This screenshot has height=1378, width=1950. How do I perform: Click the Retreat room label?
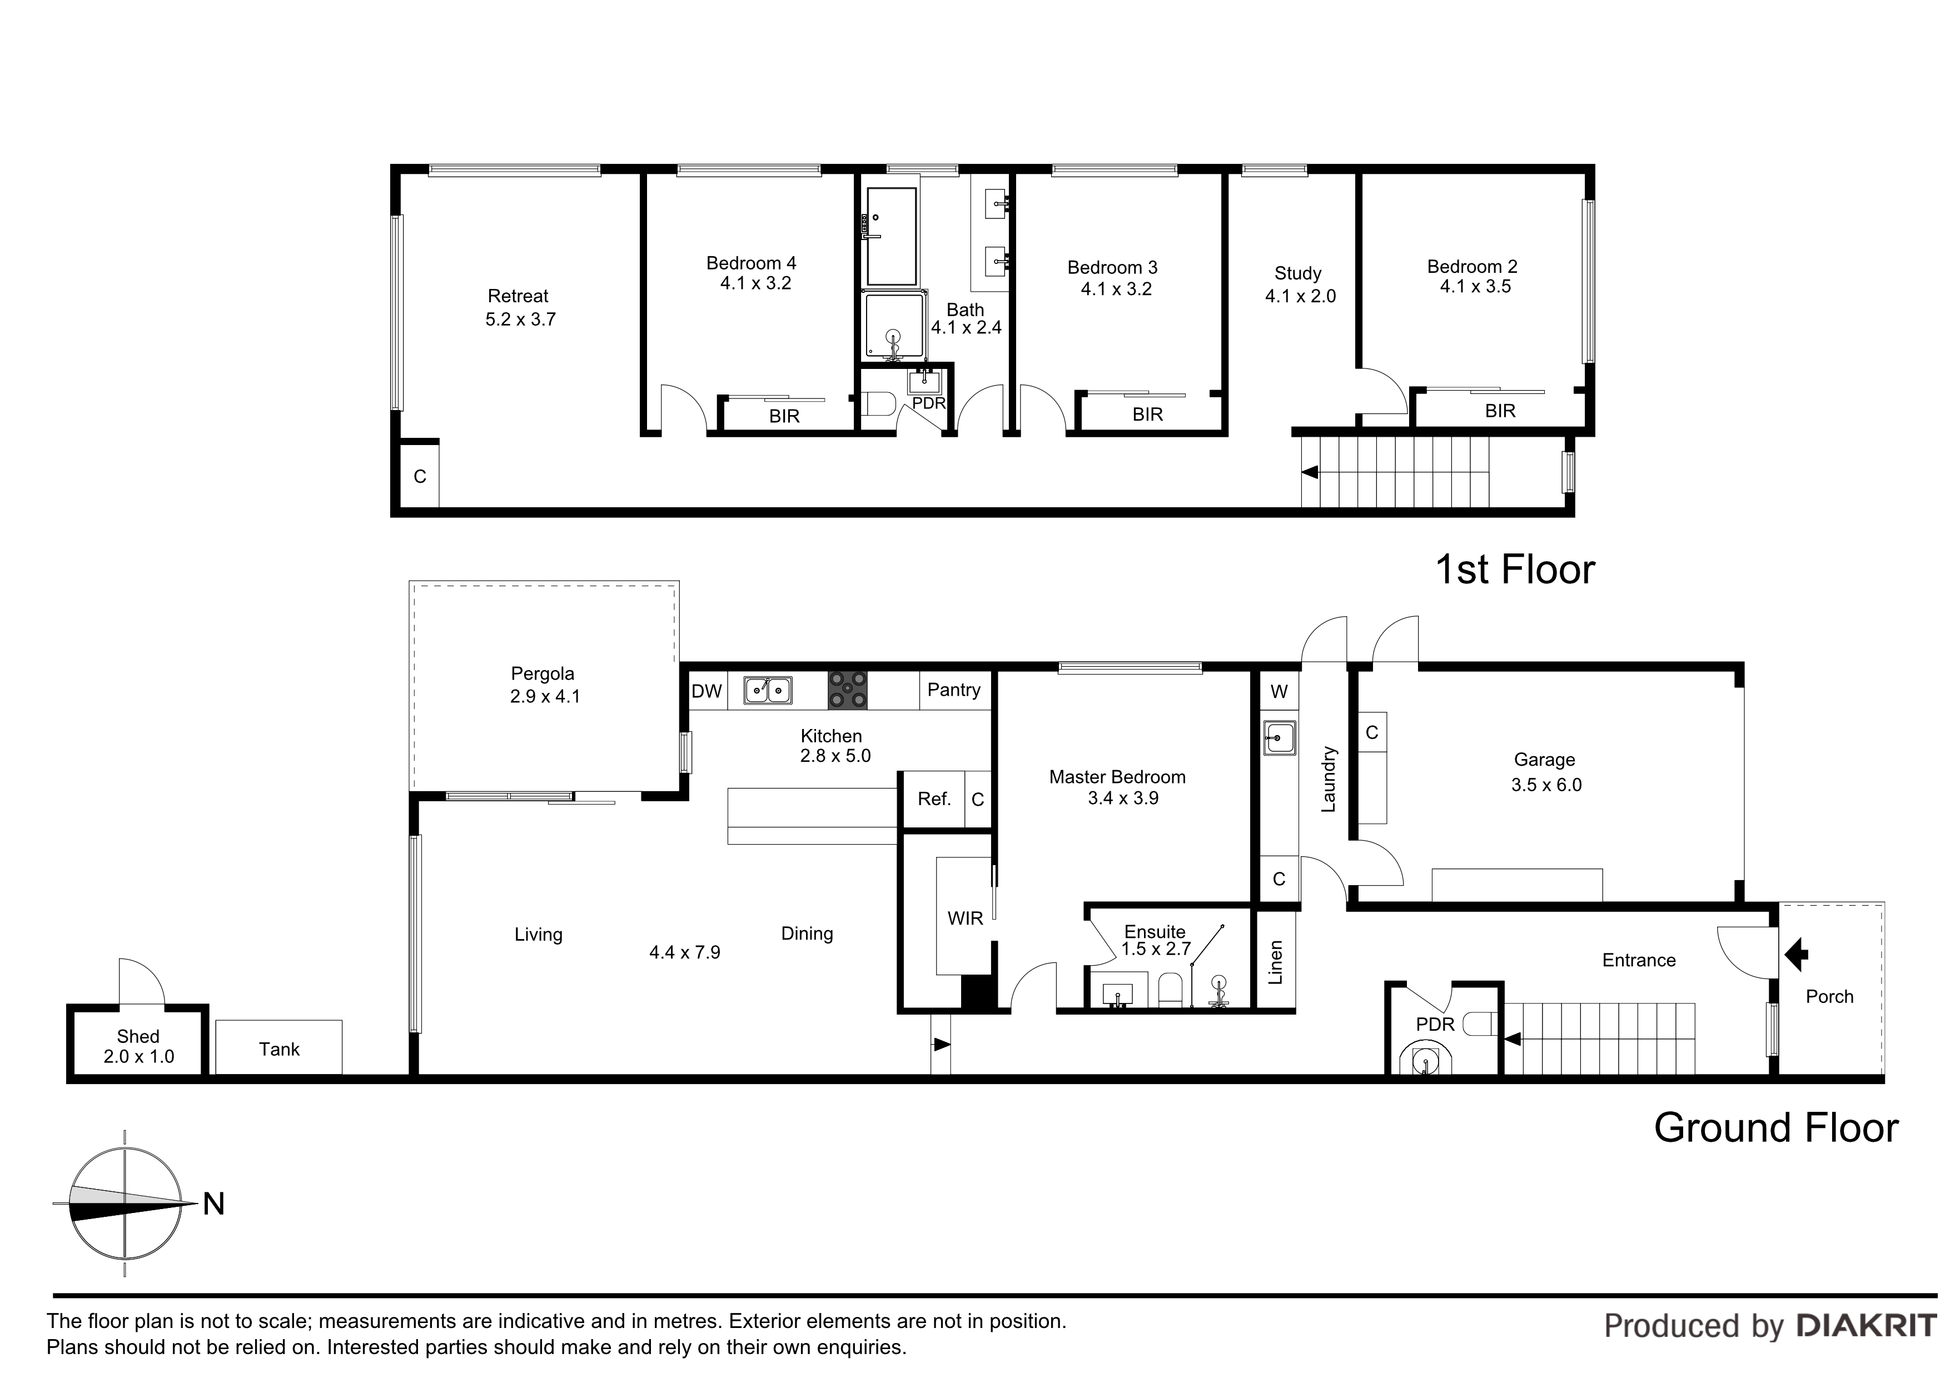click(x=518, y=296)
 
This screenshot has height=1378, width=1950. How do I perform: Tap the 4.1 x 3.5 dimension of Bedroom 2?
click(x=1475, y=287)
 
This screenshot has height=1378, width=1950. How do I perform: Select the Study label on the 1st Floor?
click(x=1298, y=273)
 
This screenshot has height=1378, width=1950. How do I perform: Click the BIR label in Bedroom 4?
click(x=784, y=416)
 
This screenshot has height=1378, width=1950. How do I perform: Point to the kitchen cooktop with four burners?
click(x=848, y=690)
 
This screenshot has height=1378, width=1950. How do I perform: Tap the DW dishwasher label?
click(x=706, y=691)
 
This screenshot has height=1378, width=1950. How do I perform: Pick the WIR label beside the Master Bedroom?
click(x=965, y=918)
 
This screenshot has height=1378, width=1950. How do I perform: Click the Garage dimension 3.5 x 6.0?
click(x=1546, y=785)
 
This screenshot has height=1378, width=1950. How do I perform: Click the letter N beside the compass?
click(x=214, y=1204)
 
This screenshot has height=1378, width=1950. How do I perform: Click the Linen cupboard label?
click(x=1276, y=962)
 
